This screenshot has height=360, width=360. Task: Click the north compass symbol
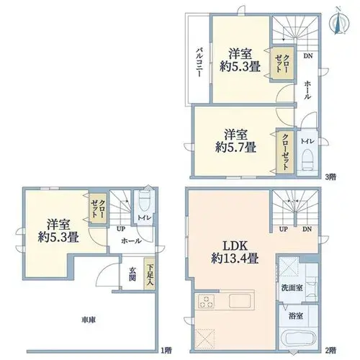339,23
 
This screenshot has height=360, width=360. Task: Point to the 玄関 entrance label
132,274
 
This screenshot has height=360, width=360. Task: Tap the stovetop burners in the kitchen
206,302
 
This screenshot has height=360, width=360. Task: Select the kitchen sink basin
240,301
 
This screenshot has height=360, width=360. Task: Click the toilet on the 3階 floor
307,159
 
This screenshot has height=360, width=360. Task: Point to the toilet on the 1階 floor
144,201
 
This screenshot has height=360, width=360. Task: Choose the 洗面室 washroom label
292,287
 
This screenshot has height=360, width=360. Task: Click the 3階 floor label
330,177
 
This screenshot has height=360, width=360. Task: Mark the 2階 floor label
330,351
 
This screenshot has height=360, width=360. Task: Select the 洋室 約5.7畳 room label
235,141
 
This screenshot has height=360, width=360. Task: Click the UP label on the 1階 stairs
121,229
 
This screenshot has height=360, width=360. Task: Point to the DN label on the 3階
308,56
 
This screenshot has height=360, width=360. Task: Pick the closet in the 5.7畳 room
285,152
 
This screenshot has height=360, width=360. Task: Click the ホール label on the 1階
131,240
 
